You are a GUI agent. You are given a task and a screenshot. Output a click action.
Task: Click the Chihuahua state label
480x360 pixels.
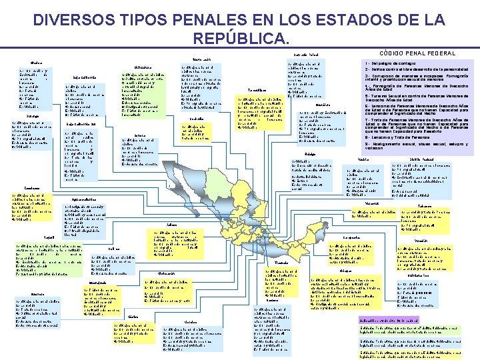[x=143, y=67]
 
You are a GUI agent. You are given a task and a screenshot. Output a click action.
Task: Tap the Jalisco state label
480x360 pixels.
[x=171, y=225]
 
